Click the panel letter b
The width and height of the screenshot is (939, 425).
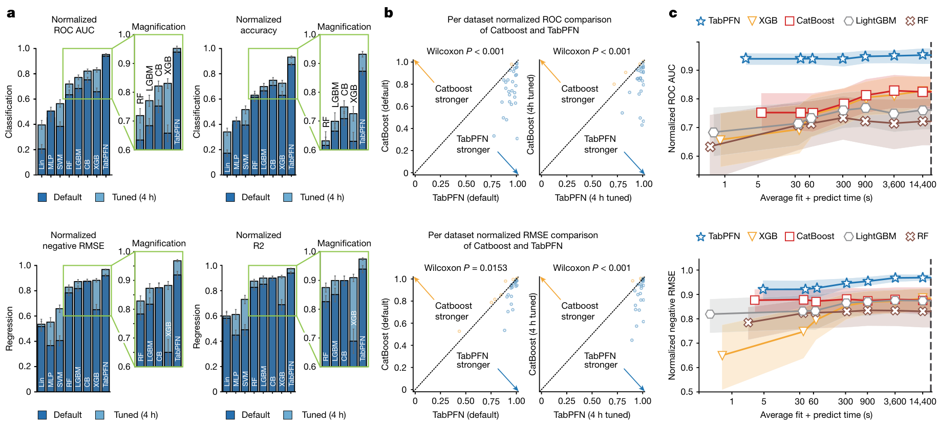coord(389,13)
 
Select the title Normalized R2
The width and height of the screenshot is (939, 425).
coord(259,240)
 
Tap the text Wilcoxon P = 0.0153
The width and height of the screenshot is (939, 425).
coord(465,268)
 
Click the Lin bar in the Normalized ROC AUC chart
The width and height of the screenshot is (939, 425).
coord(41,150)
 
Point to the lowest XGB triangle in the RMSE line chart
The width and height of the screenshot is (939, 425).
coord(722,355)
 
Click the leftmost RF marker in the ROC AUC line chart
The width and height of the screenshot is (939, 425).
coord(710,147)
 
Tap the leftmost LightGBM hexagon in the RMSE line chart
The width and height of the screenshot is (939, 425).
coord(710,314)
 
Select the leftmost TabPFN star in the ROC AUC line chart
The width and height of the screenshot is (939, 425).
coord(745,58)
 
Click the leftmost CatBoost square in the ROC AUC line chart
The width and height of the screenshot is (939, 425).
coord(761,112)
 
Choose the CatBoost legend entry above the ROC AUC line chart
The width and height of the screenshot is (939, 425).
coord(809,21)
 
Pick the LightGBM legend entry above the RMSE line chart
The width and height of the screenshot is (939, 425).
coord(870,237)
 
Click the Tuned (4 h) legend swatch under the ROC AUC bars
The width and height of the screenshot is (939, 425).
coord(100,197)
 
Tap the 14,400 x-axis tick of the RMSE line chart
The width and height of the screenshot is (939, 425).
coord(923,401)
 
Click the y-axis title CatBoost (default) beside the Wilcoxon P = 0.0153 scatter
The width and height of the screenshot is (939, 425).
coord(386,334)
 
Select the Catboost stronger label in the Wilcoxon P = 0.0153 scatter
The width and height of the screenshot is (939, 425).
coord(453,311)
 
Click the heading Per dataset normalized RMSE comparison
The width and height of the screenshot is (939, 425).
coord(513,235)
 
